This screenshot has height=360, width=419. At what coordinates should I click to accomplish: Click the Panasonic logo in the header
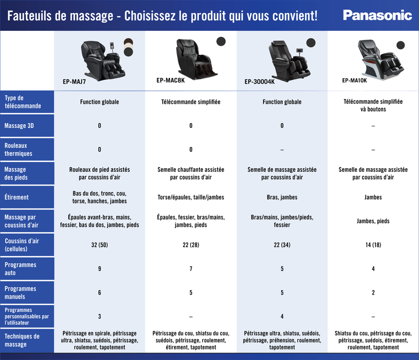pos(377,15)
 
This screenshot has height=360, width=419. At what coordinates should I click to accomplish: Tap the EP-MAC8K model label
pos(170,81)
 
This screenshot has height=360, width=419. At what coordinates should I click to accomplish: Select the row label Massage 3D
pos(19,126)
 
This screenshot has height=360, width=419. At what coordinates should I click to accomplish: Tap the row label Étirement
pos(16,198)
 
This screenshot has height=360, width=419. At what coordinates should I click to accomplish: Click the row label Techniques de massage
pos(21,340)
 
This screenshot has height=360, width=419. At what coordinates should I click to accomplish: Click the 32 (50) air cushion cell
pos(100,245)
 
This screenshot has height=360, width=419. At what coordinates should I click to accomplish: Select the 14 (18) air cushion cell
pos(373,245)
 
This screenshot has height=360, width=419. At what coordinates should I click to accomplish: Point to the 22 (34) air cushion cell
pos(282,245)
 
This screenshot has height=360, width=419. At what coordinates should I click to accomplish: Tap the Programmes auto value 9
pos(100,269)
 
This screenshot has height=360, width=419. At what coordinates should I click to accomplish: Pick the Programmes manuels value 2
pos(373,292)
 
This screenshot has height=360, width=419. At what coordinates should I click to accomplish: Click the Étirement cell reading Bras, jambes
pos(282,198)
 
